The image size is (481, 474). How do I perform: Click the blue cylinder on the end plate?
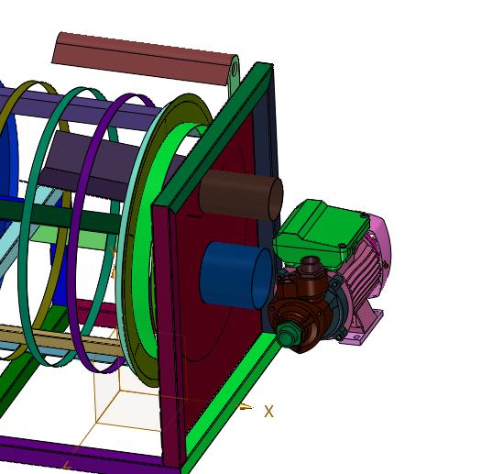(235, 275)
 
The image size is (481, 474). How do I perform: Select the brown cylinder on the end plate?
(241, 195)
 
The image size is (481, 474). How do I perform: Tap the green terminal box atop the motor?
(321, 233)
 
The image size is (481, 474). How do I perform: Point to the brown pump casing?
(302, 303)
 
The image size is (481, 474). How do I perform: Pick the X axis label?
(268, 412)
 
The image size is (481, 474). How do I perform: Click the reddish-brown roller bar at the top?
(144, 59)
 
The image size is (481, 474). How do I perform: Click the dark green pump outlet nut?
(285, 336)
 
